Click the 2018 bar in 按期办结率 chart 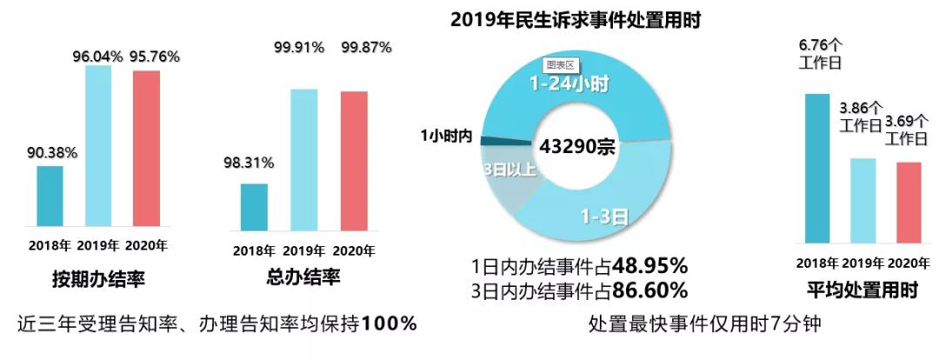[x=50, y=195]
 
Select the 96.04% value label [x=97, y=57]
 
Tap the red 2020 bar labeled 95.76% [x=146, y=147]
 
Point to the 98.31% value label [x=250, y=163]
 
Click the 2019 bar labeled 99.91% [x=303, y=160]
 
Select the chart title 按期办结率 [x=97, y=280]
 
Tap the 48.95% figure [x=649, y=263]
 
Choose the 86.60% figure [x=649, y=289]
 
